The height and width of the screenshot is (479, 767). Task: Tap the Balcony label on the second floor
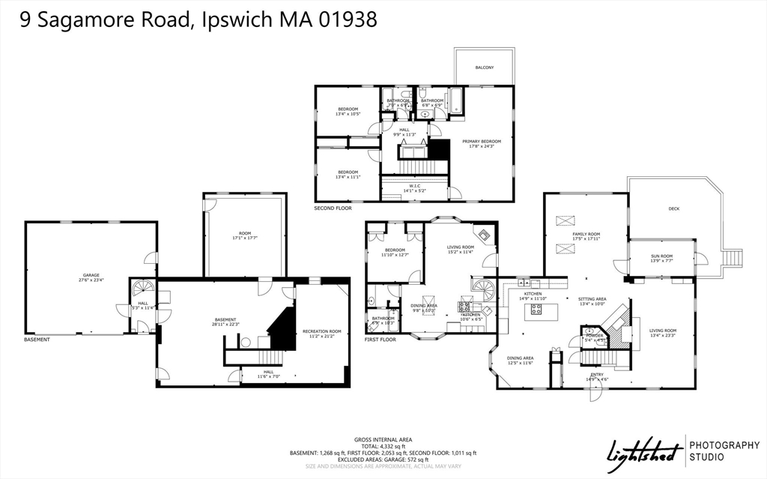coord(485,67)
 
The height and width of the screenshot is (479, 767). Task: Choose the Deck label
coord(673,208)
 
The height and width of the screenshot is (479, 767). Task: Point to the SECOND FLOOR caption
coord(333,208)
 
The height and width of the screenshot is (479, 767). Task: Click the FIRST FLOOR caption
coord(380,340)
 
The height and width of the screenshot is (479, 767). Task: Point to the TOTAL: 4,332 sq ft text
coord(383,446)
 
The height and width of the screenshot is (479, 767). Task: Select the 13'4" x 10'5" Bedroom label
coord(348,112)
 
